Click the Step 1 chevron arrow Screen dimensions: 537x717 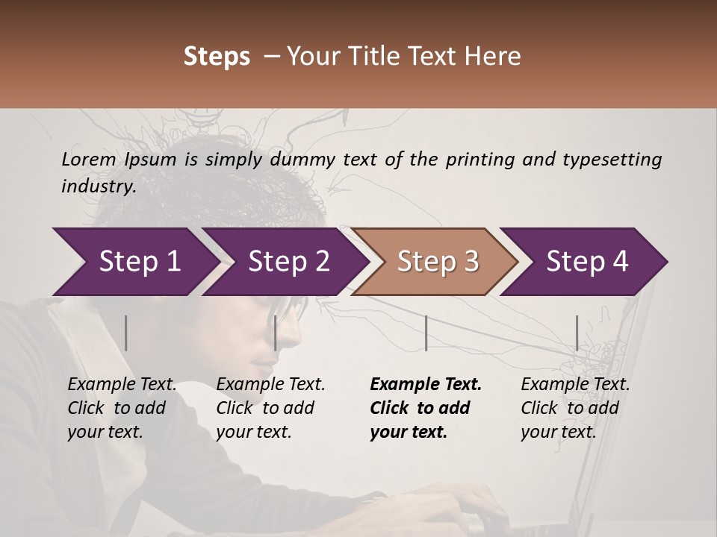[x=139, y=261]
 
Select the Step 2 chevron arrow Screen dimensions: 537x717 [x=288, y=261]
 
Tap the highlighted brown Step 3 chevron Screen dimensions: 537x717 [x=438, y=261]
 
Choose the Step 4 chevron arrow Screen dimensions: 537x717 [x=587, y=261]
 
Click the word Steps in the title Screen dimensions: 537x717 [x=217, y=57]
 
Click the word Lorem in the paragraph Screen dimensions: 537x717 [x=88, y=159]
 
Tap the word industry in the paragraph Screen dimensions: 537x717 [x=98, y=186]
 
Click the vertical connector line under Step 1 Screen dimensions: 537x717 [x=126, y=333]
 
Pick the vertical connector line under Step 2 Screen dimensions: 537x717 [x=276, y=333]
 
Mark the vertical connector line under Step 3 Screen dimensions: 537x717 [x=426, y=333]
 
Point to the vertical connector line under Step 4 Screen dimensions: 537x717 [x=577, y=333]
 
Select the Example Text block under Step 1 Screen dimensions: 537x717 [x=122, y=408]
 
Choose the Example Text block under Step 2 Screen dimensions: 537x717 [x=270, y=408]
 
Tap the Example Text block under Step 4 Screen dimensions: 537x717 [x=575, y=408]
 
